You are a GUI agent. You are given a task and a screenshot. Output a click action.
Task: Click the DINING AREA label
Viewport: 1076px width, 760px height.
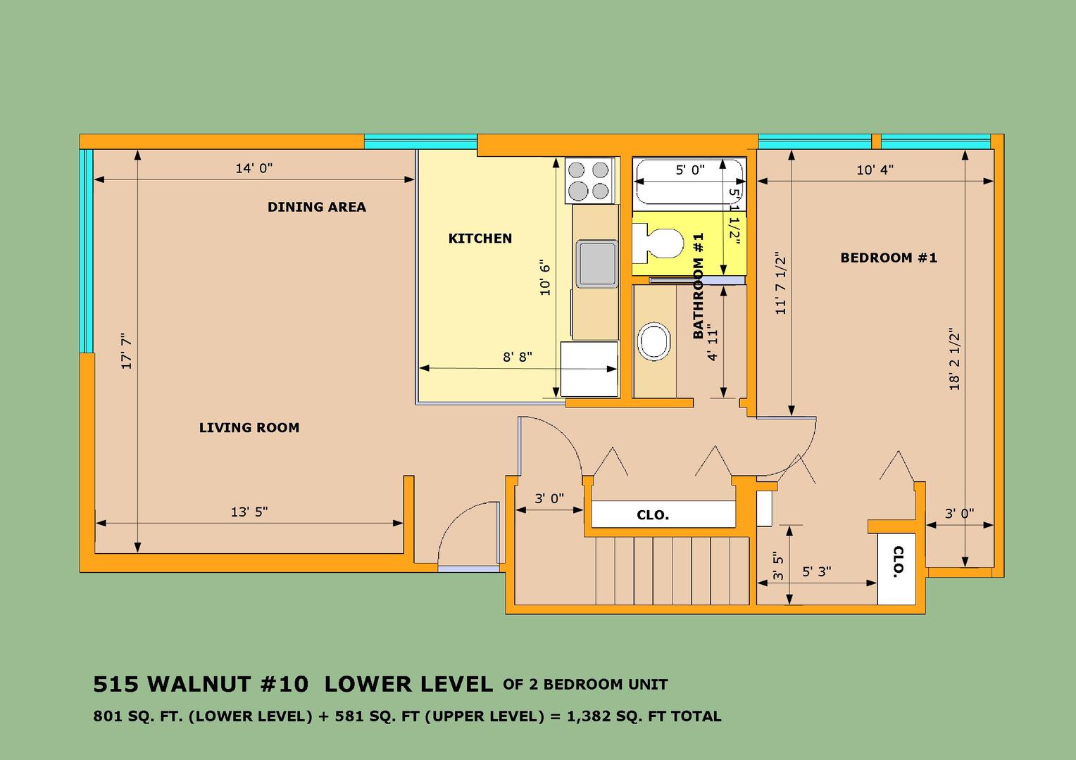point(317,207)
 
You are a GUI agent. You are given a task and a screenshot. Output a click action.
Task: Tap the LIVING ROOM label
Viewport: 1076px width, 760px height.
point(249,427)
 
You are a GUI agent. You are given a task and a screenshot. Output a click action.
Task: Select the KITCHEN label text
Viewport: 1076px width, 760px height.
point(480,238)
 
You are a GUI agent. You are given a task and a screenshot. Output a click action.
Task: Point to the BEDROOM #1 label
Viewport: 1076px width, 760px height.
point(889,258)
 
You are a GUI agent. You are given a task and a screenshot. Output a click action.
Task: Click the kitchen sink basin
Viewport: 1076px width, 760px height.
point(596,264)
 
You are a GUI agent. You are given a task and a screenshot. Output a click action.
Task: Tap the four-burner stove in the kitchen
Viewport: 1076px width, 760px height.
point(589,180)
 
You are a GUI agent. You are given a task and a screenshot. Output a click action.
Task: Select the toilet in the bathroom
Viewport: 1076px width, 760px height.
point(658,244)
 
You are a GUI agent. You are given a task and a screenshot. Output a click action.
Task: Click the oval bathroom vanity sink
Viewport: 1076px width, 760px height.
point(653,341)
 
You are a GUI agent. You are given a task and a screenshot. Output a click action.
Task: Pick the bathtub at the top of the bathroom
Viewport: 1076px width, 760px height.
point(689,184)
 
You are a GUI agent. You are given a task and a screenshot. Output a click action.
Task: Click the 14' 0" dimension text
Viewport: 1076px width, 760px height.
point(254,168)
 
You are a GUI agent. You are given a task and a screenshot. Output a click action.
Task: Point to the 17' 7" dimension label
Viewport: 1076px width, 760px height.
point(126,351)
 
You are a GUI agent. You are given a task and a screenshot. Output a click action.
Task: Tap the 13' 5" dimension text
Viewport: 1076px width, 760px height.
point(249,512)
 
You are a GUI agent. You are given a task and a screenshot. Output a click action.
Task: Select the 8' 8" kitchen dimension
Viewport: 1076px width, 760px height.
point(518,357)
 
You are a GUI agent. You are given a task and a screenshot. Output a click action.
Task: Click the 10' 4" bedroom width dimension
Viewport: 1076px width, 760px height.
point(875,170)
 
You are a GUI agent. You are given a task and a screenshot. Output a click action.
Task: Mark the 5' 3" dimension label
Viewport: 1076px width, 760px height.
point(817,572)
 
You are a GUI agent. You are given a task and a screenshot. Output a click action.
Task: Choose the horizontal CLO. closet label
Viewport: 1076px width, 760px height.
point(653,515)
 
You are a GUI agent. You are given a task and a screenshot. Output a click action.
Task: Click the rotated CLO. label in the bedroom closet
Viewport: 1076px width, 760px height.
point(898,562)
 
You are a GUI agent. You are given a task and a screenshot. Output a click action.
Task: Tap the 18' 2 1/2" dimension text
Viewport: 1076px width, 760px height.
point(954,359)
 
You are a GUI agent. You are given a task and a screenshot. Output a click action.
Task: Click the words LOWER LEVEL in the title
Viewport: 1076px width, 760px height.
point(409,684)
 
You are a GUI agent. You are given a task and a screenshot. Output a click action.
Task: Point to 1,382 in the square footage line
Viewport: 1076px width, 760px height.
point(587,717)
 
